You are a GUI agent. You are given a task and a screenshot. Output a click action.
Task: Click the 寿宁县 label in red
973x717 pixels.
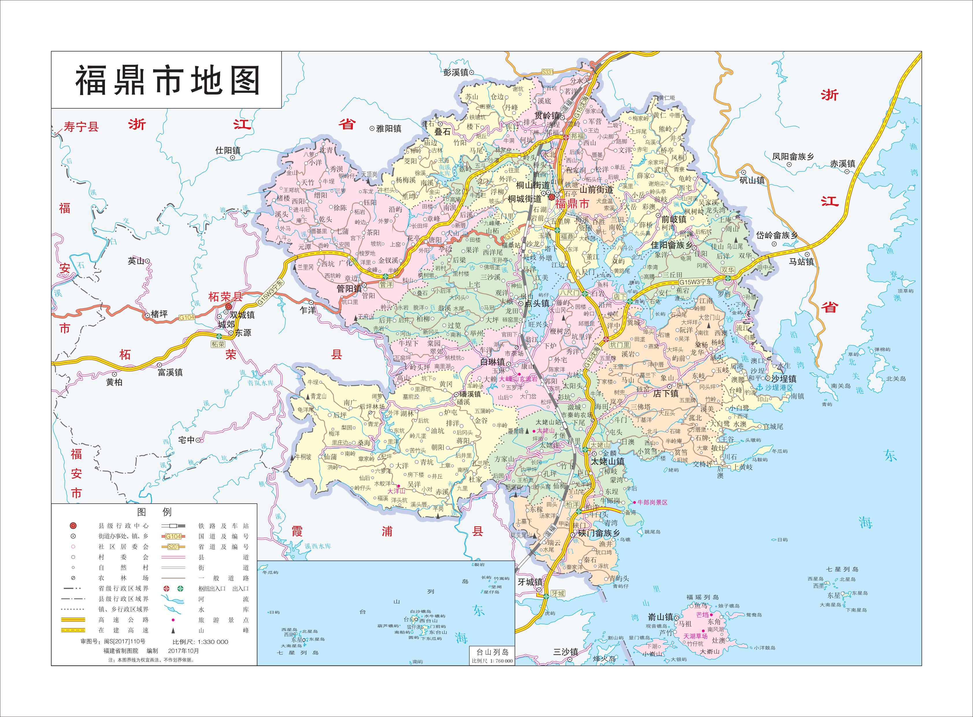click(81, 127)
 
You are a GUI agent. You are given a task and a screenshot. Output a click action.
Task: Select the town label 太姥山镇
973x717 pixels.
click(607, 461)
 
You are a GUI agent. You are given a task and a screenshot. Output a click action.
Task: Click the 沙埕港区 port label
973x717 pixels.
click(779, 387)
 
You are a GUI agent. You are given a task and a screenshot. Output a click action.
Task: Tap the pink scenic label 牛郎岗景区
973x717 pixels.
click(652, 502)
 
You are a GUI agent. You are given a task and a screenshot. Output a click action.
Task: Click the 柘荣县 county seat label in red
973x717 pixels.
click(225, 297)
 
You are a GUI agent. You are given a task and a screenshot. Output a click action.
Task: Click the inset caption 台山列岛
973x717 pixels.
click(492, 652)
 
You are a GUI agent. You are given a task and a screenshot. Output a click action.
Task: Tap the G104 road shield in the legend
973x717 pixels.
click(173, 536)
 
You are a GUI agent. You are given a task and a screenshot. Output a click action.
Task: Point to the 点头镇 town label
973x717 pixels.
click(537, 303)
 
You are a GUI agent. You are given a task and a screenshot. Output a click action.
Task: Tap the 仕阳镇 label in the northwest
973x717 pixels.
click(227, 151)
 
